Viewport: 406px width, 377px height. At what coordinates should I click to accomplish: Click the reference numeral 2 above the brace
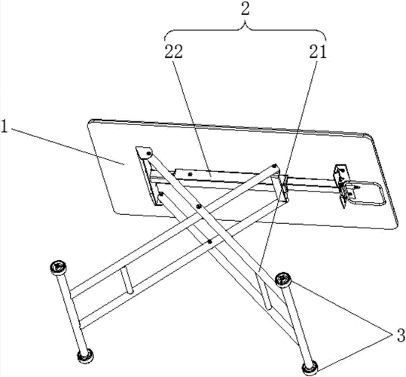245,10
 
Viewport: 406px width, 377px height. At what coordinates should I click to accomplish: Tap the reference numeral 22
174,52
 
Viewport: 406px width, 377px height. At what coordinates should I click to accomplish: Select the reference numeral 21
317,52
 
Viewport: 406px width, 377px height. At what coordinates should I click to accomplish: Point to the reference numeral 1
5,126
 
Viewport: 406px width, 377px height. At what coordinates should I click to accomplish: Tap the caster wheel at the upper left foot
58,268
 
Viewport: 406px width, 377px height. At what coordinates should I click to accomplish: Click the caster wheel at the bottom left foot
85,356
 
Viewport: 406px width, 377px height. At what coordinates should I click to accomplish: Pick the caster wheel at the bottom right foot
310,369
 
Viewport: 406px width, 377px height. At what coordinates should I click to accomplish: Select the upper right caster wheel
283,280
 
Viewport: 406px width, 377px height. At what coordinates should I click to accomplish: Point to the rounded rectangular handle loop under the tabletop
365,192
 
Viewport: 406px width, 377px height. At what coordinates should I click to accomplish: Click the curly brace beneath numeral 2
246,32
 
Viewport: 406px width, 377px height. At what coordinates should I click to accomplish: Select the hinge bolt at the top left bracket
148,154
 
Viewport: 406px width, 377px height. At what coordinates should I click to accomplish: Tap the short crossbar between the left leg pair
127,280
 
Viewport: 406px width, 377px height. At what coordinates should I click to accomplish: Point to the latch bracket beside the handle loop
342,185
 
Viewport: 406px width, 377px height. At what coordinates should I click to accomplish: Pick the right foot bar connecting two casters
297,325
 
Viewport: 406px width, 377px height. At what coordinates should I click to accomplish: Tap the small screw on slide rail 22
191,174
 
